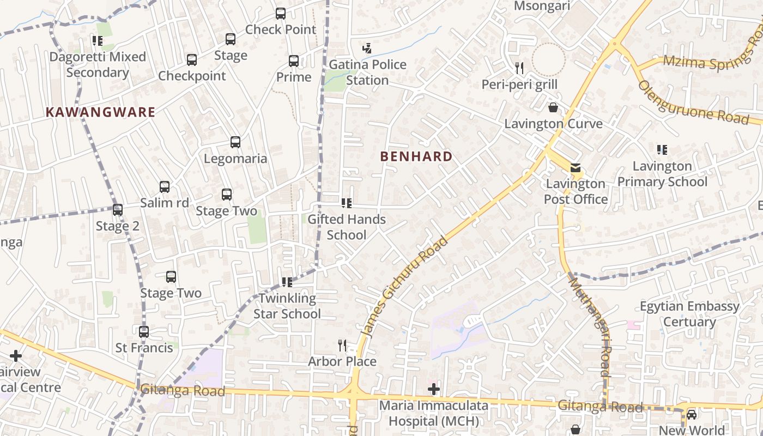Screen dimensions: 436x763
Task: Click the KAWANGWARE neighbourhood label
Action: click(100, 112)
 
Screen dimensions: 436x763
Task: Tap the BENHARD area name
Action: click(416, 156)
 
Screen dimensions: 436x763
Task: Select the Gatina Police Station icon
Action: click(367, 48)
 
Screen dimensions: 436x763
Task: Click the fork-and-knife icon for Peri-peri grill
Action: click(519, 68)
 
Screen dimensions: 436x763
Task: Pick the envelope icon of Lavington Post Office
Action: click(576, 167)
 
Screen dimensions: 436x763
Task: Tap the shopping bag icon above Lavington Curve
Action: click(553, 107)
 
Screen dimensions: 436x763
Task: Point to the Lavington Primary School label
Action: click(662, 173)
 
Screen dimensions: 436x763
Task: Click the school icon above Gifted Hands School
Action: click(346, 203)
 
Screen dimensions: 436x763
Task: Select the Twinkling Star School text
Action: click(287, 306)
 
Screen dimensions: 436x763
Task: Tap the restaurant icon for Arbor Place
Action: click(342, 345)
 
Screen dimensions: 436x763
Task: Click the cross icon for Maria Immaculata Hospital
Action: click(434, 389)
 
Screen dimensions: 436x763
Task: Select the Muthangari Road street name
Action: click(589, 326)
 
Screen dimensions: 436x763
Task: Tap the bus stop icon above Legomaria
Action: click(235, 142)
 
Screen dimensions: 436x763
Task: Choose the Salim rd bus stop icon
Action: click(165, 187)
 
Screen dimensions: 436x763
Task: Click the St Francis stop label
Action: click(144, 348)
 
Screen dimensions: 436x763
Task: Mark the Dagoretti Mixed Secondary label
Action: click(98, 64)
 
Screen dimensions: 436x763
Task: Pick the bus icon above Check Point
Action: click(281, 14)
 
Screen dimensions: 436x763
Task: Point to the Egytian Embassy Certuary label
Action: click(689, 314)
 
